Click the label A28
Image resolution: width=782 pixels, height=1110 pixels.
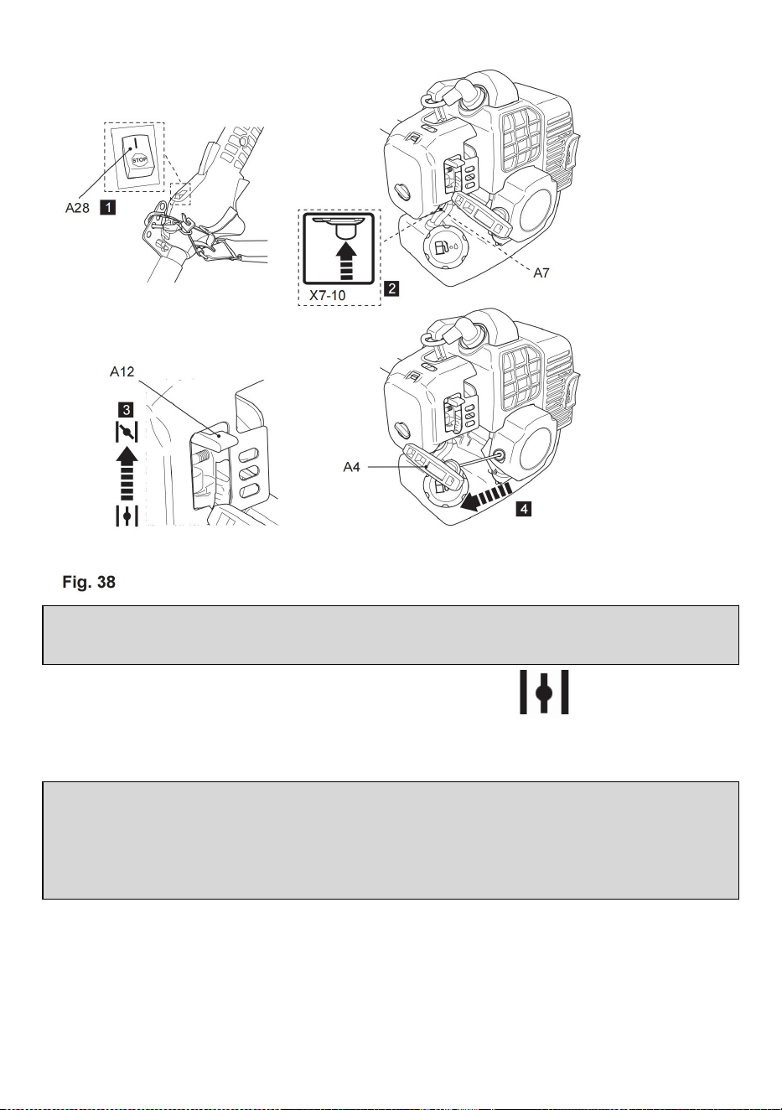(77, 208)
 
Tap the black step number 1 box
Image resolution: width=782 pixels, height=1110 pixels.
(107, 207)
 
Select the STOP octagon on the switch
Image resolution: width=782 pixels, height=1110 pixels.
(139, 161)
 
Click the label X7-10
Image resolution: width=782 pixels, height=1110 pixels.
(327, 296)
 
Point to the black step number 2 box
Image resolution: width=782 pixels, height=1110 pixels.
(391, 288)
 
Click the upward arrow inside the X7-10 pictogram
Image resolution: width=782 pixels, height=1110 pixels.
(346, 261)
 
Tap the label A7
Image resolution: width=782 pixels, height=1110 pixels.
(541, 273)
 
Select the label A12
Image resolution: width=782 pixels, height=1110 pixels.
(122, 371)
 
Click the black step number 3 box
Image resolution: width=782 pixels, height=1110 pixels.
(127, 410)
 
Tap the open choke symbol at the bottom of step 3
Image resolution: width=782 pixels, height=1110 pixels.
(127, 516)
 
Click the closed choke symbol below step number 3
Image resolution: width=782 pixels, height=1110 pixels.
(127, 432)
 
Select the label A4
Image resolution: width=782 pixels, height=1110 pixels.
(351, 467)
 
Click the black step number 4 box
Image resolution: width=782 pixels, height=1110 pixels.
(523, 508)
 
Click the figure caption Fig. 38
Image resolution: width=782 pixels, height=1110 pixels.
(89, 582)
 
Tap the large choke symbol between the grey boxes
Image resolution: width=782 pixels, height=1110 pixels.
(544, 692)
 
